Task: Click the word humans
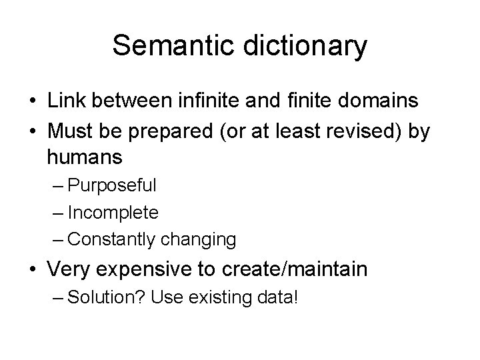[x=85, y=157]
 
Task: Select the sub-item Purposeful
[x=112, y=185]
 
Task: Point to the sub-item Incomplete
[x=113, y=212]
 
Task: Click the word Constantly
[x=110, y=239]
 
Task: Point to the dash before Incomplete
[x=57, y=212]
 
